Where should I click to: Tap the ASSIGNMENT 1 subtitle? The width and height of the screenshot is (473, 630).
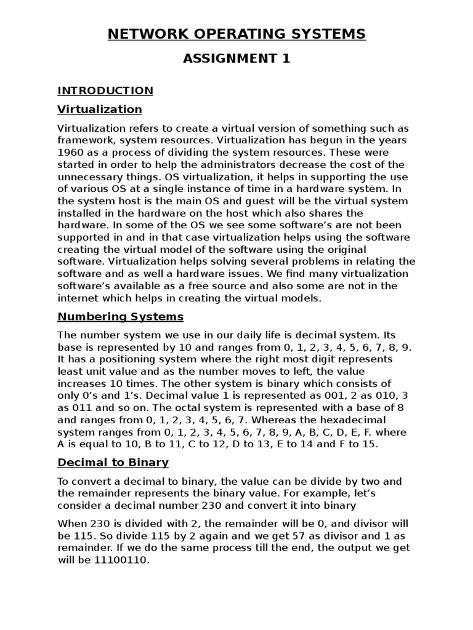point(236,59)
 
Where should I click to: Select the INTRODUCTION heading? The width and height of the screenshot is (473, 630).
point(105,90)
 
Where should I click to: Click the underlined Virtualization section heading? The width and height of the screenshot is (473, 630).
point(100,110)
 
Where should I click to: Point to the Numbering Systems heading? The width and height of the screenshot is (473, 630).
point(121,317)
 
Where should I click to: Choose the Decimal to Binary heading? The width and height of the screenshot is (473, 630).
point(113,462)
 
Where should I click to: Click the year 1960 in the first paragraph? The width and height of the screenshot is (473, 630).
point(70,153)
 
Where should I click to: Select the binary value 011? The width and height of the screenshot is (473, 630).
point(83,407)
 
